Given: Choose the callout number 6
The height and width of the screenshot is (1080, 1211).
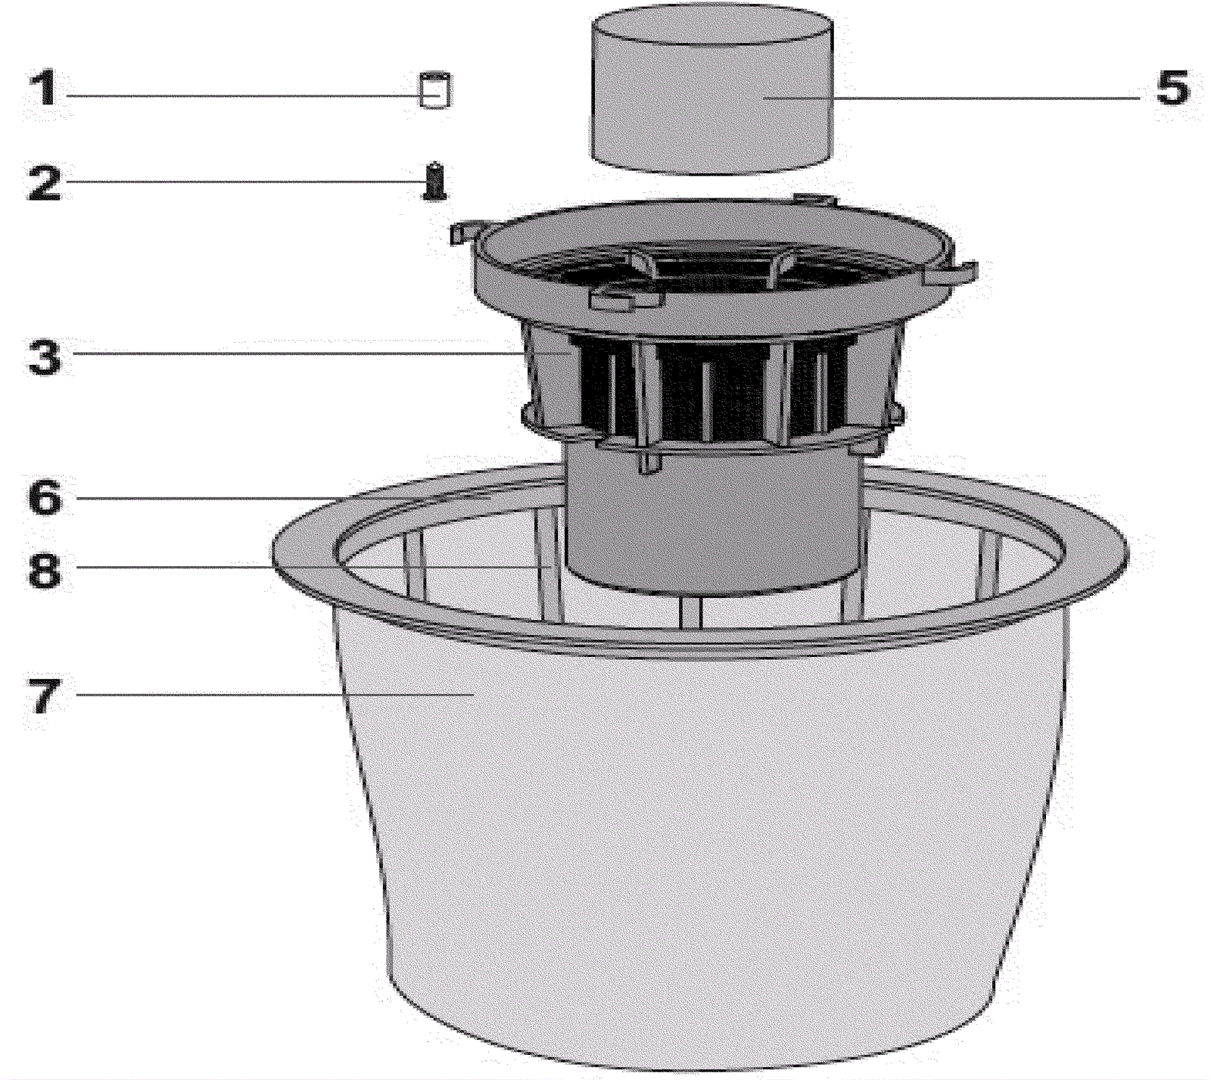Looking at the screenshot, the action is click(45, 498).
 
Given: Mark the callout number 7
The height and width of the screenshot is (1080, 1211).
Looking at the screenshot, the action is click(43, 695).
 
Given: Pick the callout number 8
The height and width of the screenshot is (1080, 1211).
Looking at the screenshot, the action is click(45, 569).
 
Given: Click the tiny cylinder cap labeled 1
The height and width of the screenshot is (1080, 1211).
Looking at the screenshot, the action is click(435, 90).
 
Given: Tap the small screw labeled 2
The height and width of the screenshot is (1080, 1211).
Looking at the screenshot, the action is click(434, 181).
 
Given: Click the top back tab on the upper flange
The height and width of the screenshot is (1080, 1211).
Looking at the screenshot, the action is click(814, 200).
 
